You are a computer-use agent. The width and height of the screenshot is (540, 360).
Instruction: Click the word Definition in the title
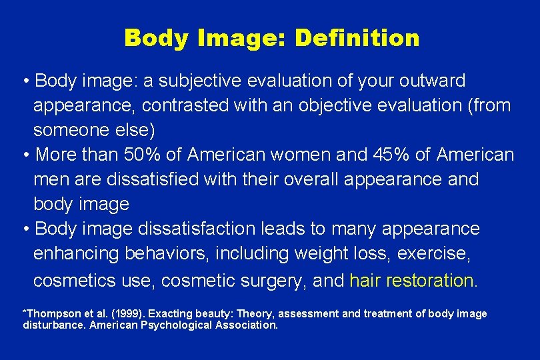pos(357,38)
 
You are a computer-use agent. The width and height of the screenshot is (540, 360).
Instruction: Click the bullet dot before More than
pos(25,155)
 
